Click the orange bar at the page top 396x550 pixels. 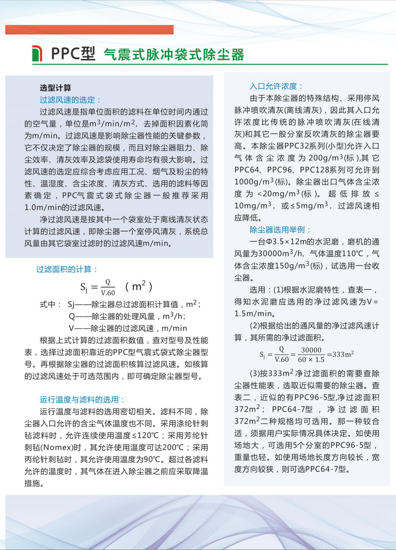click(89, 30)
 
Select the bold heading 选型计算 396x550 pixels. click(55, 88)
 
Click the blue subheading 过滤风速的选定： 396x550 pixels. click(70, 100)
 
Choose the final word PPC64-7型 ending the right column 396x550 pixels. click(325, 468)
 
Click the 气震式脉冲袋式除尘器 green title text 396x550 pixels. click(173, 54)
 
